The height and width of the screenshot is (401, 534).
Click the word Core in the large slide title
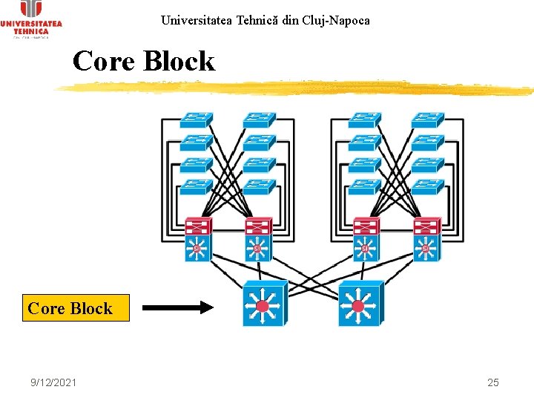coord(105,61)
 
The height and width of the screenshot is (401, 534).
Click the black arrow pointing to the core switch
coord(177,306)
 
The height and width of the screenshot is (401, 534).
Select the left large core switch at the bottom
coord(263,304)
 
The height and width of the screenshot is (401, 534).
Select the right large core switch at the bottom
coord(360,304)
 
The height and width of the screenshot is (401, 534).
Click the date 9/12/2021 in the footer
coord(53,382)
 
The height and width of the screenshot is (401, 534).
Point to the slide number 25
coord(493,382)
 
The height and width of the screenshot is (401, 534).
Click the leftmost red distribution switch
coord(198,226)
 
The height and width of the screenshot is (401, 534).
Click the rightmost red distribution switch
coord(426,226)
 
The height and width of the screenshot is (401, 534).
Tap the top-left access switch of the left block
coord(197,120)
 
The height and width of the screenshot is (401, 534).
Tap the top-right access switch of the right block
coord(428,120)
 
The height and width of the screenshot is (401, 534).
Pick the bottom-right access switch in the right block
coord(428,187)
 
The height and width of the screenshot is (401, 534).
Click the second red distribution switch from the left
coord(259,226)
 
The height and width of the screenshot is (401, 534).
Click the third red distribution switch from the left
coord(366,226)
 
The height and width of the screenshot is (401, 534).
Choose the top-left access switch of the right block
coord(365,120)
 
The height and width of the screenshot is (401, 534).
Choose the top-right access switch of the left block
coord(260,120)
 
